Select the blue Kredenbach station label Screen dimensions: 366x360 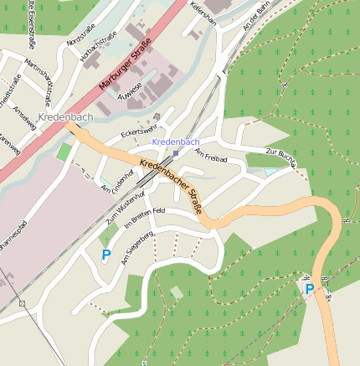176,142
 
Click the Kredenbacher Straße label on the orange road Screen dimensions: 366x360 172,186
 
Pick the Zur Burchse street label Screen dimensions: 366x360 281,157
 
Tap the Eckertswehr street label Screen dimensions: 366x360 139,131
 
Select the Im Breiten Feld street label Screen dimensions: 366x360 145,219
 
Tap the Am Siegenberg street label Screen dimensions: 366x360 137,249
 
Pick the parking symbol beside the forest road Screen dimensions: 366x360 309,289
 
